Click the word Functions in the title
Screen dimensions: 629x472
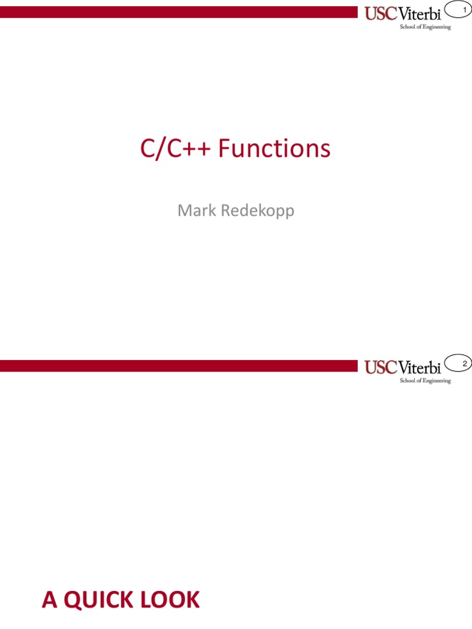[x=274, y=149]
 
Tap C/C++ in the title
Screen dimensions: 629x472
[x=176, y=149]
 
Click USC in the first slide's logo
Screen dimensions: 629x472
[x=379, y=14]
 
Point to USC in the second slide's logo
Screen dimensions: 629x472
[x=379, y=368]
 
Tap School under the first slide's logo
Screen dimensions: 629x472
[x=408, y=27]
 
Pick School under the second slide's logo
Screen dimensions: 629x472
[x=408, y=381]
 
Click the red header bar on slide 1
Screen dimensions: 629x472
[x=178, y=12]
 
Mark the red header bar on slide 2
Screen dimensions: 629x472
[x=178, y=366]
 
